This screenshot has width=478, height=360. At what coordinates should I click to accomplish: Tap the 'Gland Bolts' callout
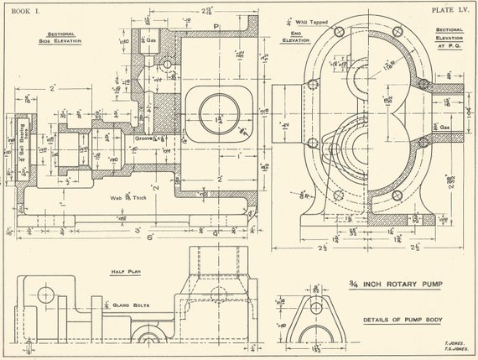coord(131,305)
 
